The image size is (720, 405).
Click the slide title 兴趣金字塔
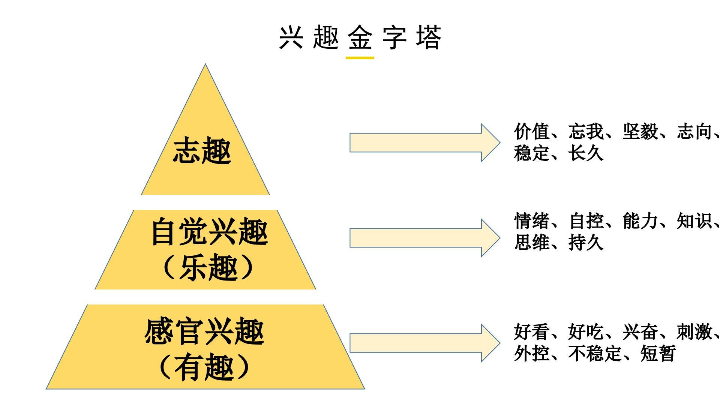click(360, 37)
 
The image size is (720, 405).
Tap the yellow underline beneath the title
click(360, 58)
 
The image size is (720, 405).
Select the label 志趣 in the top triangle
click(202, 150)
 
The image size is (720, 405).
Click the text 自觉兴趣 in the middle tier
click(209, 232)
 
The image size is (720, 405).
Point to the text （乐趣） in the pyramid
click(208, 267)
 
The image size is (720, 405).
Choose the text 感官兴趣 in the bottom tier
click(204, 332)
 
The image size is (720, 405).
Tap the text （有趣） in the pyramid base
click(205, 367)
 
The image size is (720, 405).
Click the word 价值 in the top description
click(532, 132)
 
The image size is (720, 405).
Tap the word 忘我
click(586, 132)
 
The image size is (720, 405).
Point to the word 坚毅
click(640, 132)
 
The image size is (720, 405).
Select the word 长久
click(586, 153)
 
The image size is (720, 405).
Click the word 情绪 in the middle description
click(532, 221)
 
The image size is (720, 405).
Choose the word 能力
click(640, 221)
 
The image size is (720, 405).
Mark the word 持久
click(586, 243)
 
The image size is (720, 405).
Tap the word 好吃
click(586, 332)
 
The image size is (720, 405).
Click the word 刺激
click(694, 332)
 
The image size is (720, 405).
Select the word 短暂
click(658, 354)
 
